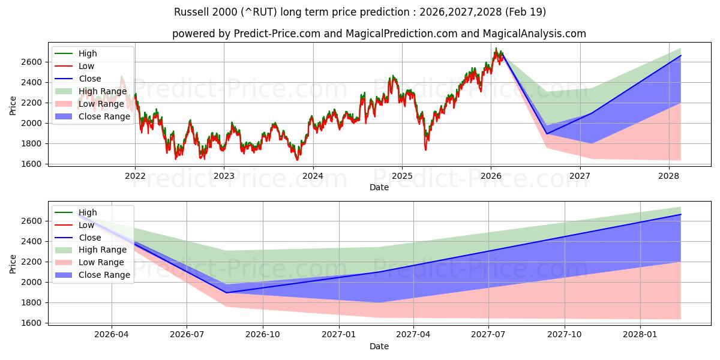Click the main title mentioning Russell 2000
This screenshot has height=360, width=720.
coord(360,12)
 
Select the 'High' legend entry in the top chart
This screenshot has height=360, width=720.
coord(88,53)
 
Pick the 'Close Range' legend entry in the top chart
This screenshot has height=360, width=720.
coord(104,116)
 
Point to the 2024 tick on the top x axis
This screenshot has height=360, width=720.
coord(313,176)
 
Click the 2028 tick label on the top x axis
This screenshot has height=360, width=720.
coord(668,176)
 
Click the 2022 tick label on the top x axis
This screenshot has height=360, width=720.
coord(135,176)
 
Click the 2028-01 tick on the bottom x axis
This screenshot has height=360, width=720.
coord(641,335)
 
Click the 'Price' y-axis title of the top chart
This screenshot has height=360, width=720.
coord(13,106)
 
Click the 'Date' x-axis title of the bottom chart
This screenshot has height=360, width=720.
coord(379,346)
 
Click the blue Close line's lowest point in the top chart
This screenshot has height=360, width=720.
coord(547,134)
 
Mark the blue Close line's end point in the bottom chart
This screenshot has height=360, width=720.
coord(680,214)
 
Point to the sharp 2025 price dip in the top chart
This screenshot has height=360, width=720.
coord(425,149)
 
